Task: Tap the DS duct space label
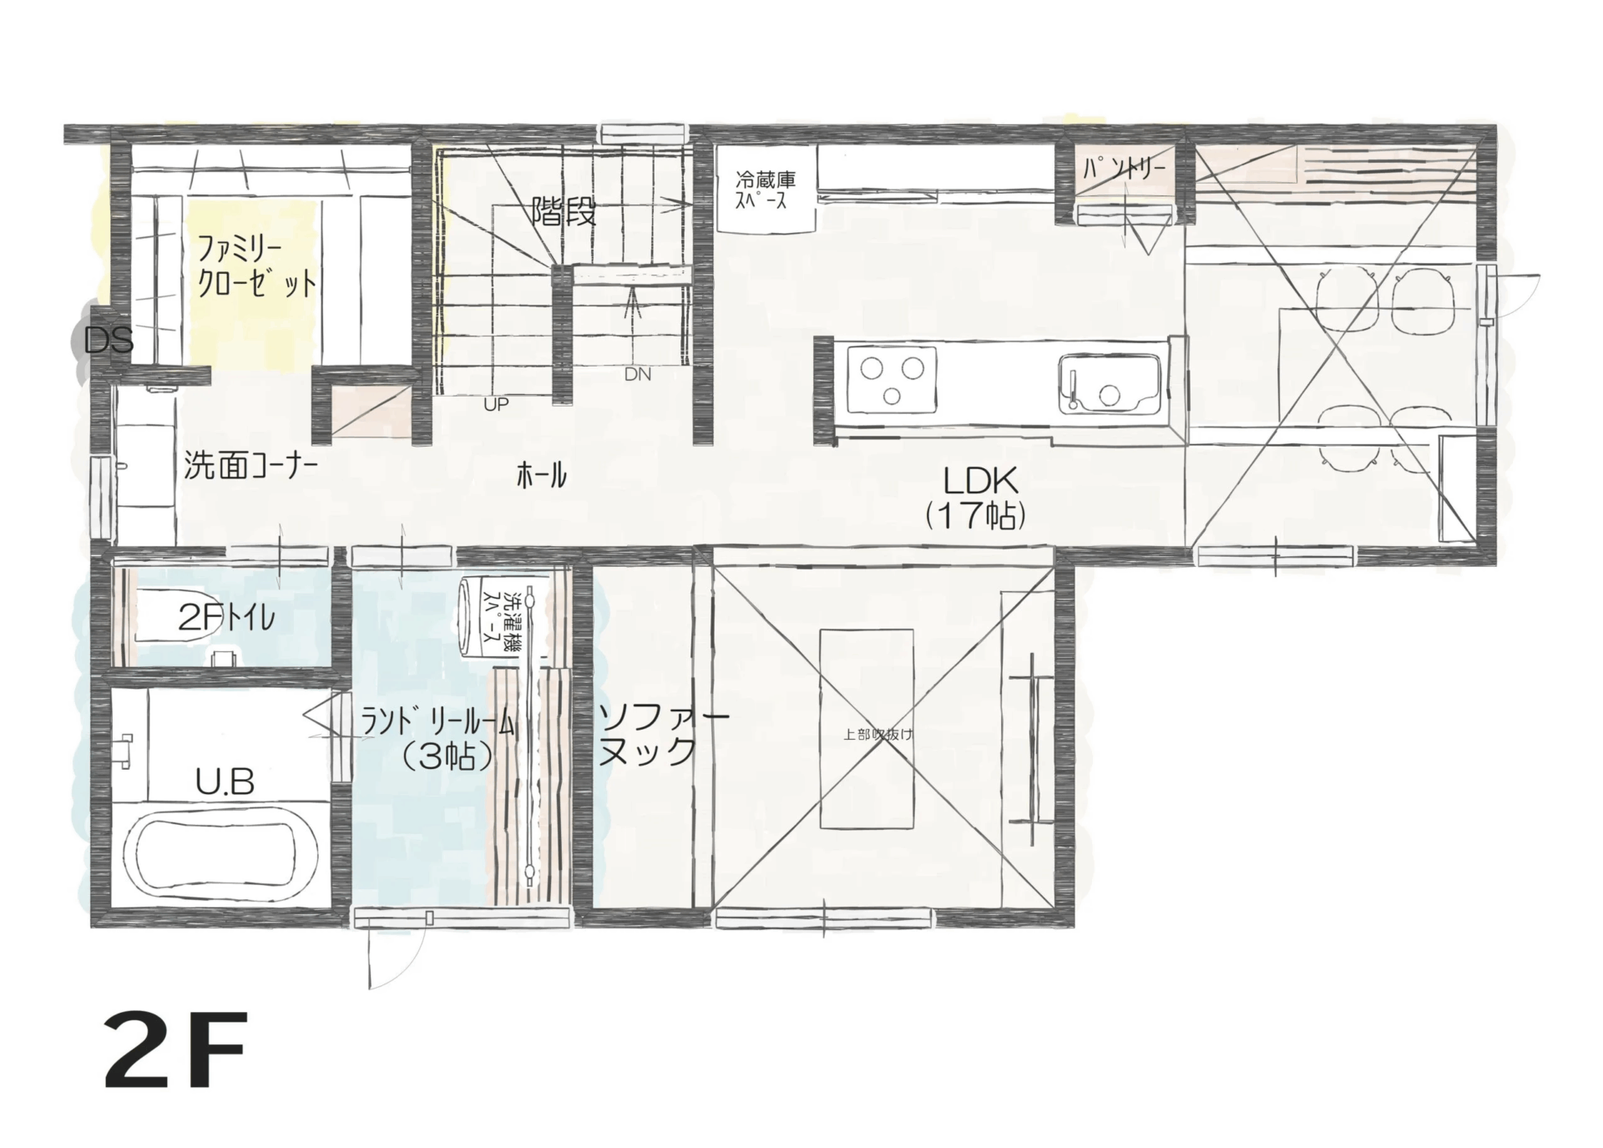tap(109, 341)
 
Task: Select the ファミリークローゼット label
tap(256, 266)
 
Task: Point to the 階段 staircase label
tap(564, 213)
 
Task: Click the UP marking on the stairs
tap(496, 405)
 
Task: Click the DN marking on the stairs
tap(638, 375)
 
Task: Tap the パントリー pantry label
tap(1123, 169)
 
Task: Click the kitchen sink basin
tap(1110, 384)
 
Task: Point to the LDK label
tap(980, 481)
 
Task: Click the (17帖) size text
tap(975, 518)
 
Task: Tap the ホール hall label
tap(541, 476)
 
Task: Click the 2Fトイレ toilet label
tap(226, 618)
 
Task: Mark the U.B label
tap(225, 782)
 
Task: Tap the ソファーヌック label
tap(663, 736)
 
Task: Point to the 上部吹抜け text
tap(878, 735)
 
